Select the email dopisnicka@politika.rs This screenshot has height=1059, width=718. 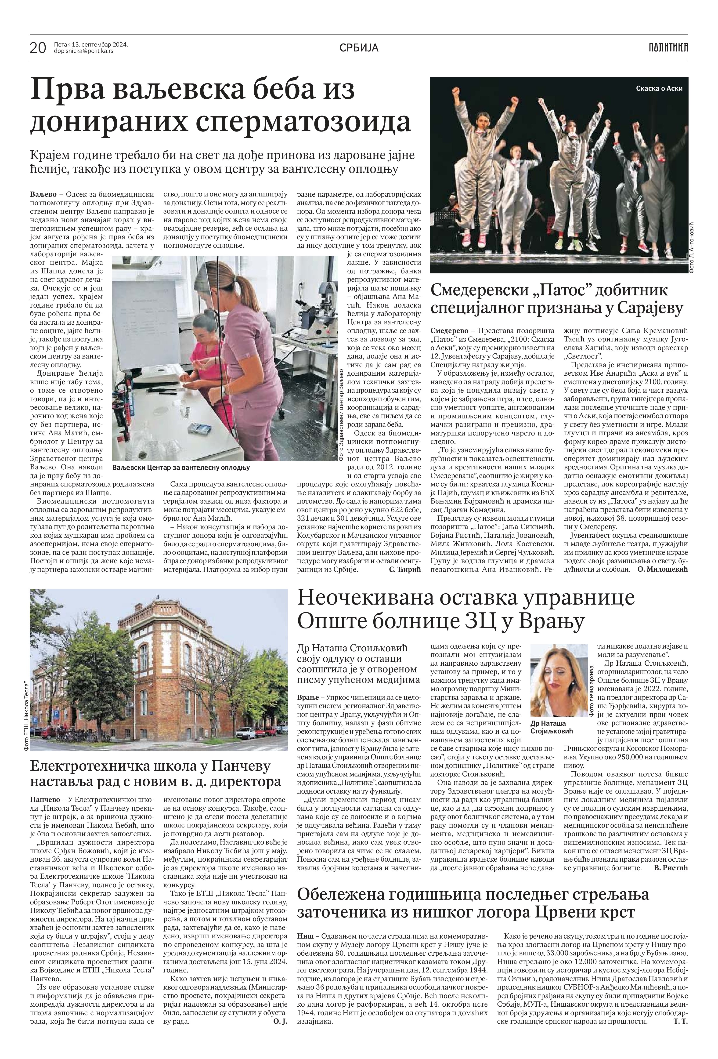pos(83,51)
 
